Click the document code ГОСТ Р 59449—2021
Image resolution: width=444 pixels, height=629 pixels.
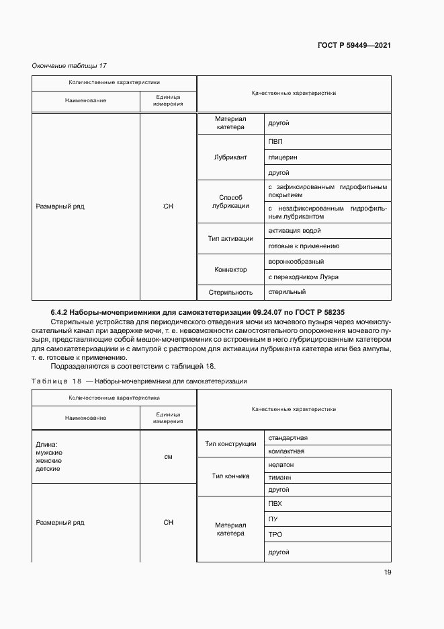pos(354,46)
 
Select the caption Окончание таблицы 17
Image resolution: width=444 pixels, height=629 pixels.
pos(70,65)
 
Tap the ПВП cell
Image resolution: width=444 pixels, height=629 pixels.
pos(275,142)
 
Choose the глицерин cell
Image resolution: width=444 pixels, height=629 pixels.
pos(282,157)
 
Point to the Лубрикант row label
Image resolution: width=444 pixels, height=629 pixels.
pos(230,157)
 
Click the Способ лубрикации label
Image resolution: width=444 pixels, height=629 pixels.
pos(230,202)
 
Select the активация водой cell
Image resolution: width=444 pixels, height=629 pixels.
pos(294,231)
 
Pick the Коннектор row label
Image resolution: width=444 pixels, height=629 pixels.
pos(230,270)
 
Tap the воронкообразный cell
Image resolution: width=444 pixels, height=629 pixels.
pos(296,262)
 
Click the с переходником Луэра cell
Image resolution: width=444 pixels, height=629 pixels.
pos(303,277)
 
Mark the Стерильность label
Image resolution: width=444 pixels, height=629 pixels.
pos(230,293)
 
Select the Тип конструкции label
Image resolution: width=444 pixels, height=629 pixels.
pos(230,444)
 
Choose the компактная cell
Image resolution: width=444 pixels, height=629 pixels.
pos(286,451)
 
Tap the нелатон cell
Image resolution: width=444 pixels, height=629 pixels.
pos(281,465)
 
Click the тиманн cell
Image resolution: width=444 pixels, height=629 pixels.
pos(279,478)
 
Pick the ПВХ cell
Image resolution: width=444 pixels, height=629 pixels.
pos(275,503)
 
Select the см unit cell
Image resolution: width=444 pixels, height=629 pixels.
pos(168,457)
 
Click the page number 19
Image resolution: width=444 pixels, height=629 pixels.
pos(387,572)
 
